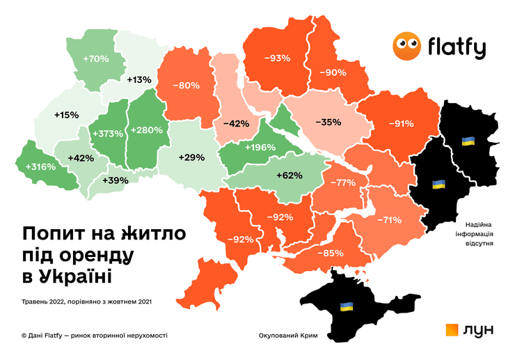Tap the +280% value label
(147, 130)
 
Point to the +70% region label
(95, 59)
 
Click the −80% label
(187, 86)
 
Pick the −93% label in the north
(276, 58)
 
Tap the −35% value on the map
(328, 122)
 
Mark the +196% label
(260, 147)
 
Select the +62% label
(289, 175)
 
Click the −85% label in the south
(330, 253)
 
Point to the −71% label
(388, 220)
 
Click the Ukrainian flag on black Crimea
(345, 306)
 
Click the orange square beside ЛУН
(452, 331)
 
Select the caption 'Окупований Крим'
(287, 336)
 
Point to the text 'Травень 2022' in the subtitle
(44, 302)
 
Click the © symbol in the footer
(24, 336)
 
